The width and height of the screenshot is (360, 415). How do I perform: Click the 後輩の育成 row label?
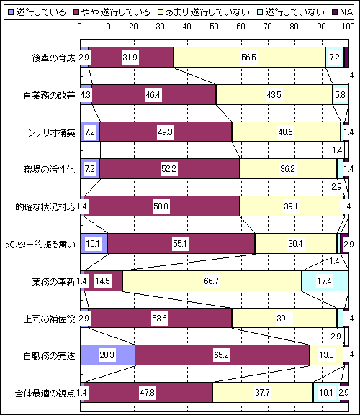click(x=53, y=58)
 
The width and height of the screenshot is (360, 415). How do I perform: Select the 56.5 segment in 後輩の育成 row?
click(x=250, y=58)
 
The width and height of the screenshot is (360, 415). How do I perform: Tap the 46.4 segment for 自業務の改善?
click(x=154, y=95)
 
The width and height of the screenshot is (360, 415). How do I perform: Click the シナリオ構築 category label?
click(x=51, y=132)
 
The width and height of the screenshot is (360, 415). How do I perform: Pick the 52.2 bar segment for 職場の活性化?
click(x=170, y=168)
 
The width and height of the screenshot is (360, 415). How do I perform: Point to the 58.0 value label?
click(x=161, y=206)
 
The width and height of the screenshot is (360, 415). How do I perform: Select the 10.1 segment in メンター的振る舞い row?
click(x=94, y=244)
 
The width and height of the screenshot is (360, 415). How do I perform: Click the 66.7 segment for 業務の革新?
click(x=212, y=281)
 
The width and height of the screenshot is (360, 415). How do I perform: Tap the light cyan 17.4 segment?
click(x=325, y=281)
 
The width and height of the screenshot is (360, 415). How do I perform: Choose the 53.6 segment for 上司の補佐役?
click(x=160, y=318)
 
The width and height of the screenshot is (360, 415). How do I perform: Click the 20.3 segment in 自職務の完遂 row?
click(x=107, y=355)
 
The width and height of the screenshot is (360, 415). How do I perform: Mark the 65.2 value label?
click(x=221, y=355)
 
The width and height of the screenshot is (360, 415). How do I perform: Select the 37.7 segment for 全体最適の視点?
click(x=263, y=392)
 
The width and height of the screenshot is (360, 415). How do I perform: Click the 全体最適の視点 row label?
click(x=45, y=393)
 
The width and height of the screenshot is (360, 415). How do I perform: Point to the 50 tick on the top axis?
click(x=214, y=27)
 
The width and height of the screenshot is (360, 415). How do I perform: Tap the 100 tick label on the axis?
click(x=348, y=27)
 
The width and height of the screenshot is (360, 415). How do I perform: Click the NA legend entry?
click(x=343, y=12)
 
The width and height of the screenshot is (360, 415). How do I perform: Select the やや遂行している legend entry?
click(x=112, y=12)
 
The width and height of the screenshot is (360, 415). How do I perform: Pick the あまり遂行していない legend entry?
click(x=204, y=12)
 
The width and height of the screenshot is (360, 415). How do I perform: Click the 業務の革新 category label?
click(x=53, y=281)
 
